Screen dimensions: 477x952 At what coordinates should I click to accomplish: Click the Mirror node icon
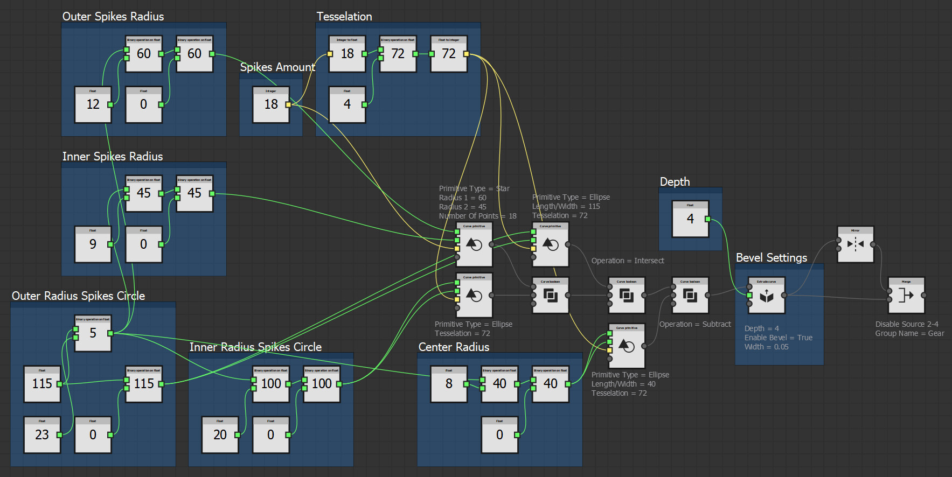(855, 244)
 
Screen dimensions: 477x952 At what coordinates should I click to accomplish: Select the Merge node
(906, 295)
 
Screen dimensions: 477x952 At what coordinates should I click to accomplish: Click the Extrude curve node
(766, 295)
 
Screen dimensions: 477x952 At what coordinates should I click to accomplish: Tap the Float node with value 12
(93, 104)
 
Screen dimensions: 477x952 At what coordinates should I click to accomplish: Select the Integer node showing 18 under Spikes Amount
(270, 104)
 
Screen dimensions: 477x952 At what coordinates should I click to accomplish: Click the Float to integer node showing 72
(448, 54)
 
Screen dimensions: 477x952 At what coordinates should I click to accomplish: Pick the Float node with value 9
(93, 244)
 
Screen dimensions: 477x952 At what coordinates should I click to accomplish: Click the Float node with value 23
(42, 434)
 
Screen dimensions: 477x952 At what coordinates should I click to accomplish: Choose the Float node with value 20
(220, 434)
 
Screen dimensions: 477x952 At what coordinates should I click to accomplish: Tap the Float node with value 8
(448, 384)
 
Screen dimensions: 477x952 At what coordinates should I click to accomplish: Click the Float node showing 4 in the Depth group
(690, 219)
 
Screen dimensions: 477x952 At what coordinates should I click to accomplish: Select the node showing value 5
(93, 333)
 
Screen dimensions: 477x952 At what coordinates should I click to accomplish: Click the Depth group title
(675, 182)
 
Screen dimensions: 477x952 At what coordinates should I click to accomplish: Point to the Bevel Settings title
(771, 258)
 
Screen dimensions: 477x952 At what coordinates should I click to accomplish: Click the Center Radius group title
(454, 347)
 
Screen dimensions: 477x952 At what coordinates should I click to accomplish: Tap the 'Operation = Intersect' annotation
(628, 261)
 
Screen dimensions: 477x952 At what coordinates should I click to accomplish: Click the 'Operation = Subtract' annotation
(695, 324)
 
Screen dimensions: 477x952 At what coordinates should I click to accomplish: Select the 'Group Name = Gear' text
(909, 333)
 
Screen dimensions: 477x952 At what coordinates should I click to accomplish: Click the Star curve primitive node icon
(474, 244)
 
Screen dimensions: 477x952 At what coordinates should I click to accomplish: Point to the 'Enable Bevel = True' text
(778, 338)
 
